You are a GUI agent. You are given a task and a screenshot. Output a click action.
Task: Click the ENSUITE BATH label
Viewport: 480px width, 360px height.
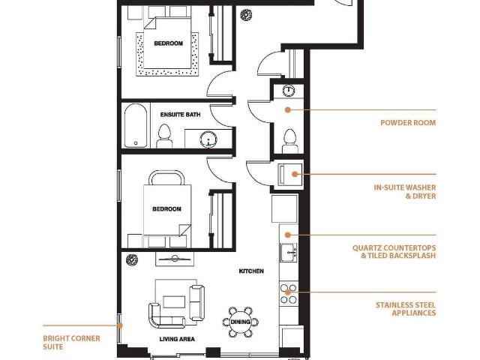(x=180, y=115)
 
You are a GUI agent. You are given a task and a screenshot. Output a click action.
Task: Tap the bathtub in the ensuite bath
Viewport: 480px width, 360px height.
(x=136, y=126)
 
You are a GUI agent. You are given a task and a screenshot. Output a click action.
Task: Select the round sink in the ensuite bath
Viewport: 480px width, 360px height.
(x=208, y=139)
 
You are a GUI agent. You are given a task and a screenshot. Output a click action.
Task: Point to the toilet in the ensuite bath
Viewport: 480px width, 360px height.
(x=164, y=136)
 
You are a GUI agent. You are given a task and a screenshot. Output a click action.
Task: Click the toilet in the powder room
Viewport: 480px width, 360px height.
(x=290, y=142)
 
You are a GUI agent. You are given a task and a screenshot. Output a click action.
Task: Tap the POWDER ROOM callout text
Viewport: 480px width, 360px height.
(x=408, y=123)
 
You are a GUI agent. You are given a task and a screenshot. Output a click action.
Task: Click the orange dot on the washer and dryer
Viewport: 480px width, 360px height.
(x=295, y=174)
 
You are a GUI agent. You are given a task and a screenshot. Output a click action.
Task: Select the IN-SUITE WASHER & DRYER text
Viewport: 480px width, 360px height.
(x=405, y=192)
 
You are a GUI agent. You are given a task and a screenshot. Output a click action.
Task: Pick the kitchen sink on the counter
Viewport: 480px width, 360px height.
(x=288, y=253)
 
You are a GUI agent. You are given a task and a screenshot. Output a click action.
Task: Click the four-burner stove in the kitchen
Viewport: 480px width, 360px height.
(x=288, y=293)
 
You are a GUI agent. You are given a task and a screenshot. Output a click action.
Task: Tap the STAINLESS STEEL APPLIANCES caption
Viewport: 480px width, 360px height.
(x=406, y=309)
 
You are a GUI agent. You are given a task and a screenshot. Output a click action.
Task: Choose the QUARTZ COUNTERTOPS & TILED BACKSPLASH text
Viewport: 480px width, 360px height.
(x=394, y=252)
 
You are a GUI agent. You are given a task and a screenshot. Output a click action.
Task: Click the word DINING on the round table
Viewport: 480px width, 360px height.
(x=240, y=322)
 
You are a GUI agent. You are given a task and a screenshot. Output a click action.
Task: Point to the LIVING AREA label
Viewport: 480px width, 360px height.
(x=177, y=339)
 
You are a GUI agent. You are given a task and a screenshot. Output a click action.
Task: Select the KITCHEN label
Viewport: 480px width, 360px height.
(x=251, y=271)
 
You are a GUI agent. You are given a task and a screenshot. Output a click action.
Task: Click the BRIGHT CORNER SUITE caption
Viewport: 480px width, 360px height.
(x=71, y=343)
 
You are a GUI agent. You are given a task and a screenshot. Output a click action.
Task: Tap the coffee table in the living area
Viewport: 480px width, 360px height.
(x=174, y=301)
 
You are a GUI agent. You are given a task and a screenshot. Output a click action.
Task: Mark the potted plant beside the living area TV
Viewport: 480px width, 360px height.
(x=132, y=260)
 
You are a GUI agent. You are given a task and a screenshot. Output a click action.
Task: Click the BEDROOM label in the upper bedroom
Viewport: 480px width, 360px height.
(x=168, y=43)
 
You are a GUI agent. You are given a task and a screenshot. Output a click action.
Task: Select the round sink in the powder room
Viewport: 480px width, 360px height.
(x=288, y=90)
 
